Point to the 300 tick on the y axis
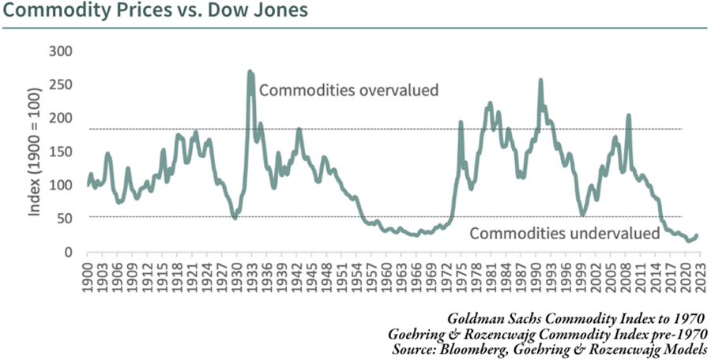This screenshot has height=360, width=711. tap(61, 51)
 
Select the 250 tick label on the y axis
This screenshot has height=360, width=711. tap(61, 84)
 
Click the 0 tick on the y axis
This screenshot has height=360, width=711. tap(69, 252)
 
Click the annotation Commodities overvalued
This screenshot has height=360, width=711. tap(348, 90)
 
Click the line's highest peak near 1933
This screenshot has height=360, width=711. tap(250, 72)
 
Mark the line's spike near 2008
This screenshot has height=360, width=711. tap(628, 116)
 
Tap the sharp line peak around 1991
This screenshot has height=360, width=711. tap(540, 81)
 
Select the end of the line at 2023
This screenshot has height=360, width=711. tap(697, 235)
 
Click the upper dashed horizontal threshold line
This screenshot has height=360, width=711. tap(395, 129)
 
